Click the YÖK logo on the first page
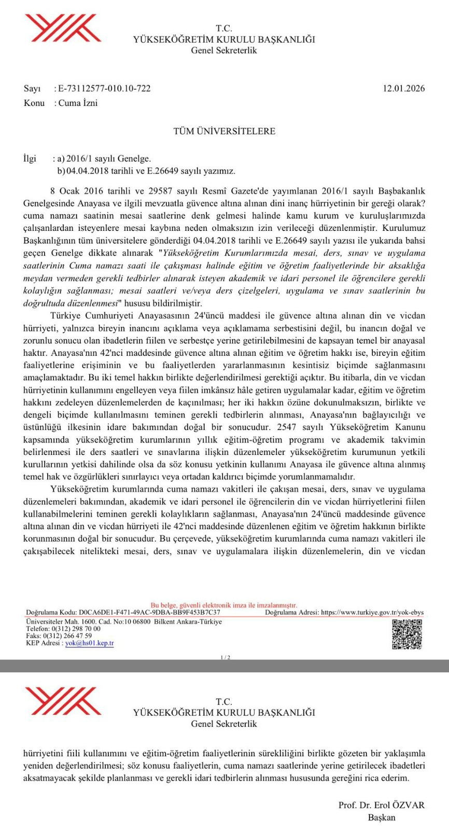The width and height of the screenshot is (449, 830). click(63, 28)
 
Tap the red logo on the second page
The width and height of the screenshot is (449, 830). click(63, 701)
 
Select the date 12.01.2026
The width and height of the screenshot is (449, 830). click(403, 88)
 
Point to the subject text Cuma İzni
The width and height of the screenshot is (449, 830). click(78, 103)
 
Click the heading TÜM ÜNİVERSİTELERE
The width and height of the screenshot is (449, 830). click(224, 131)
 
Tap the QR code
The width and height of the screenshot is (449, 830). click(407, 634)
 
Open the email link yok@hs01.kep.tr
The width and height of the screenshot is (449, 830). click(89, 643)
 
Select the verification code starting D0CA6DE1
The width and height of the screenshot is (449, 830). click(149, 613)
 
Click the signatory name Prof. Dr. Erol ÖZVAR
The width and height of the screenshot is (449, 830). click(381, 805)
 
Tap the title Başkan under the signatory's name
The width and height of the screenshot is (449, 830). click(382, 818)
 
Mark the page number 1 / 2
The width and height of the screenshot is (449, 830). click(225, 657)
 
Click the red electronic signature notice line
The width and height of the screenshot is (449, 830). click(224, 605)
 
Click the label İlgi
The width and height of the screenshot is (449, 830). click(30, 158)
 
